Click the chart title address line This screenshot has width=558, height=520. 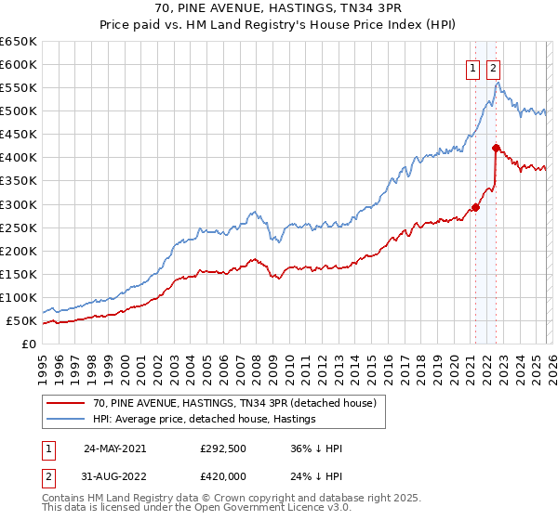(x=279, y=8)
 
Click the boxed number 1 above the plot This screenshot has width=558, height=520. (x=472, y=67)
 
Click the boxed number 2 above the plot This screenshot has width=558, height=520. (x=492, y=67)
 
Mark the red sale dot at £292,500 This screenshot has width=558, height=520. (x=475, y=207)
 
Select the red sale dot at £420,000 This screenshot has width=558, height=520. (x=496, y=148)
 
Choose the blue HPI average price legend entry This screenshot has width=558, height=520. (x=204, y=419)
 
